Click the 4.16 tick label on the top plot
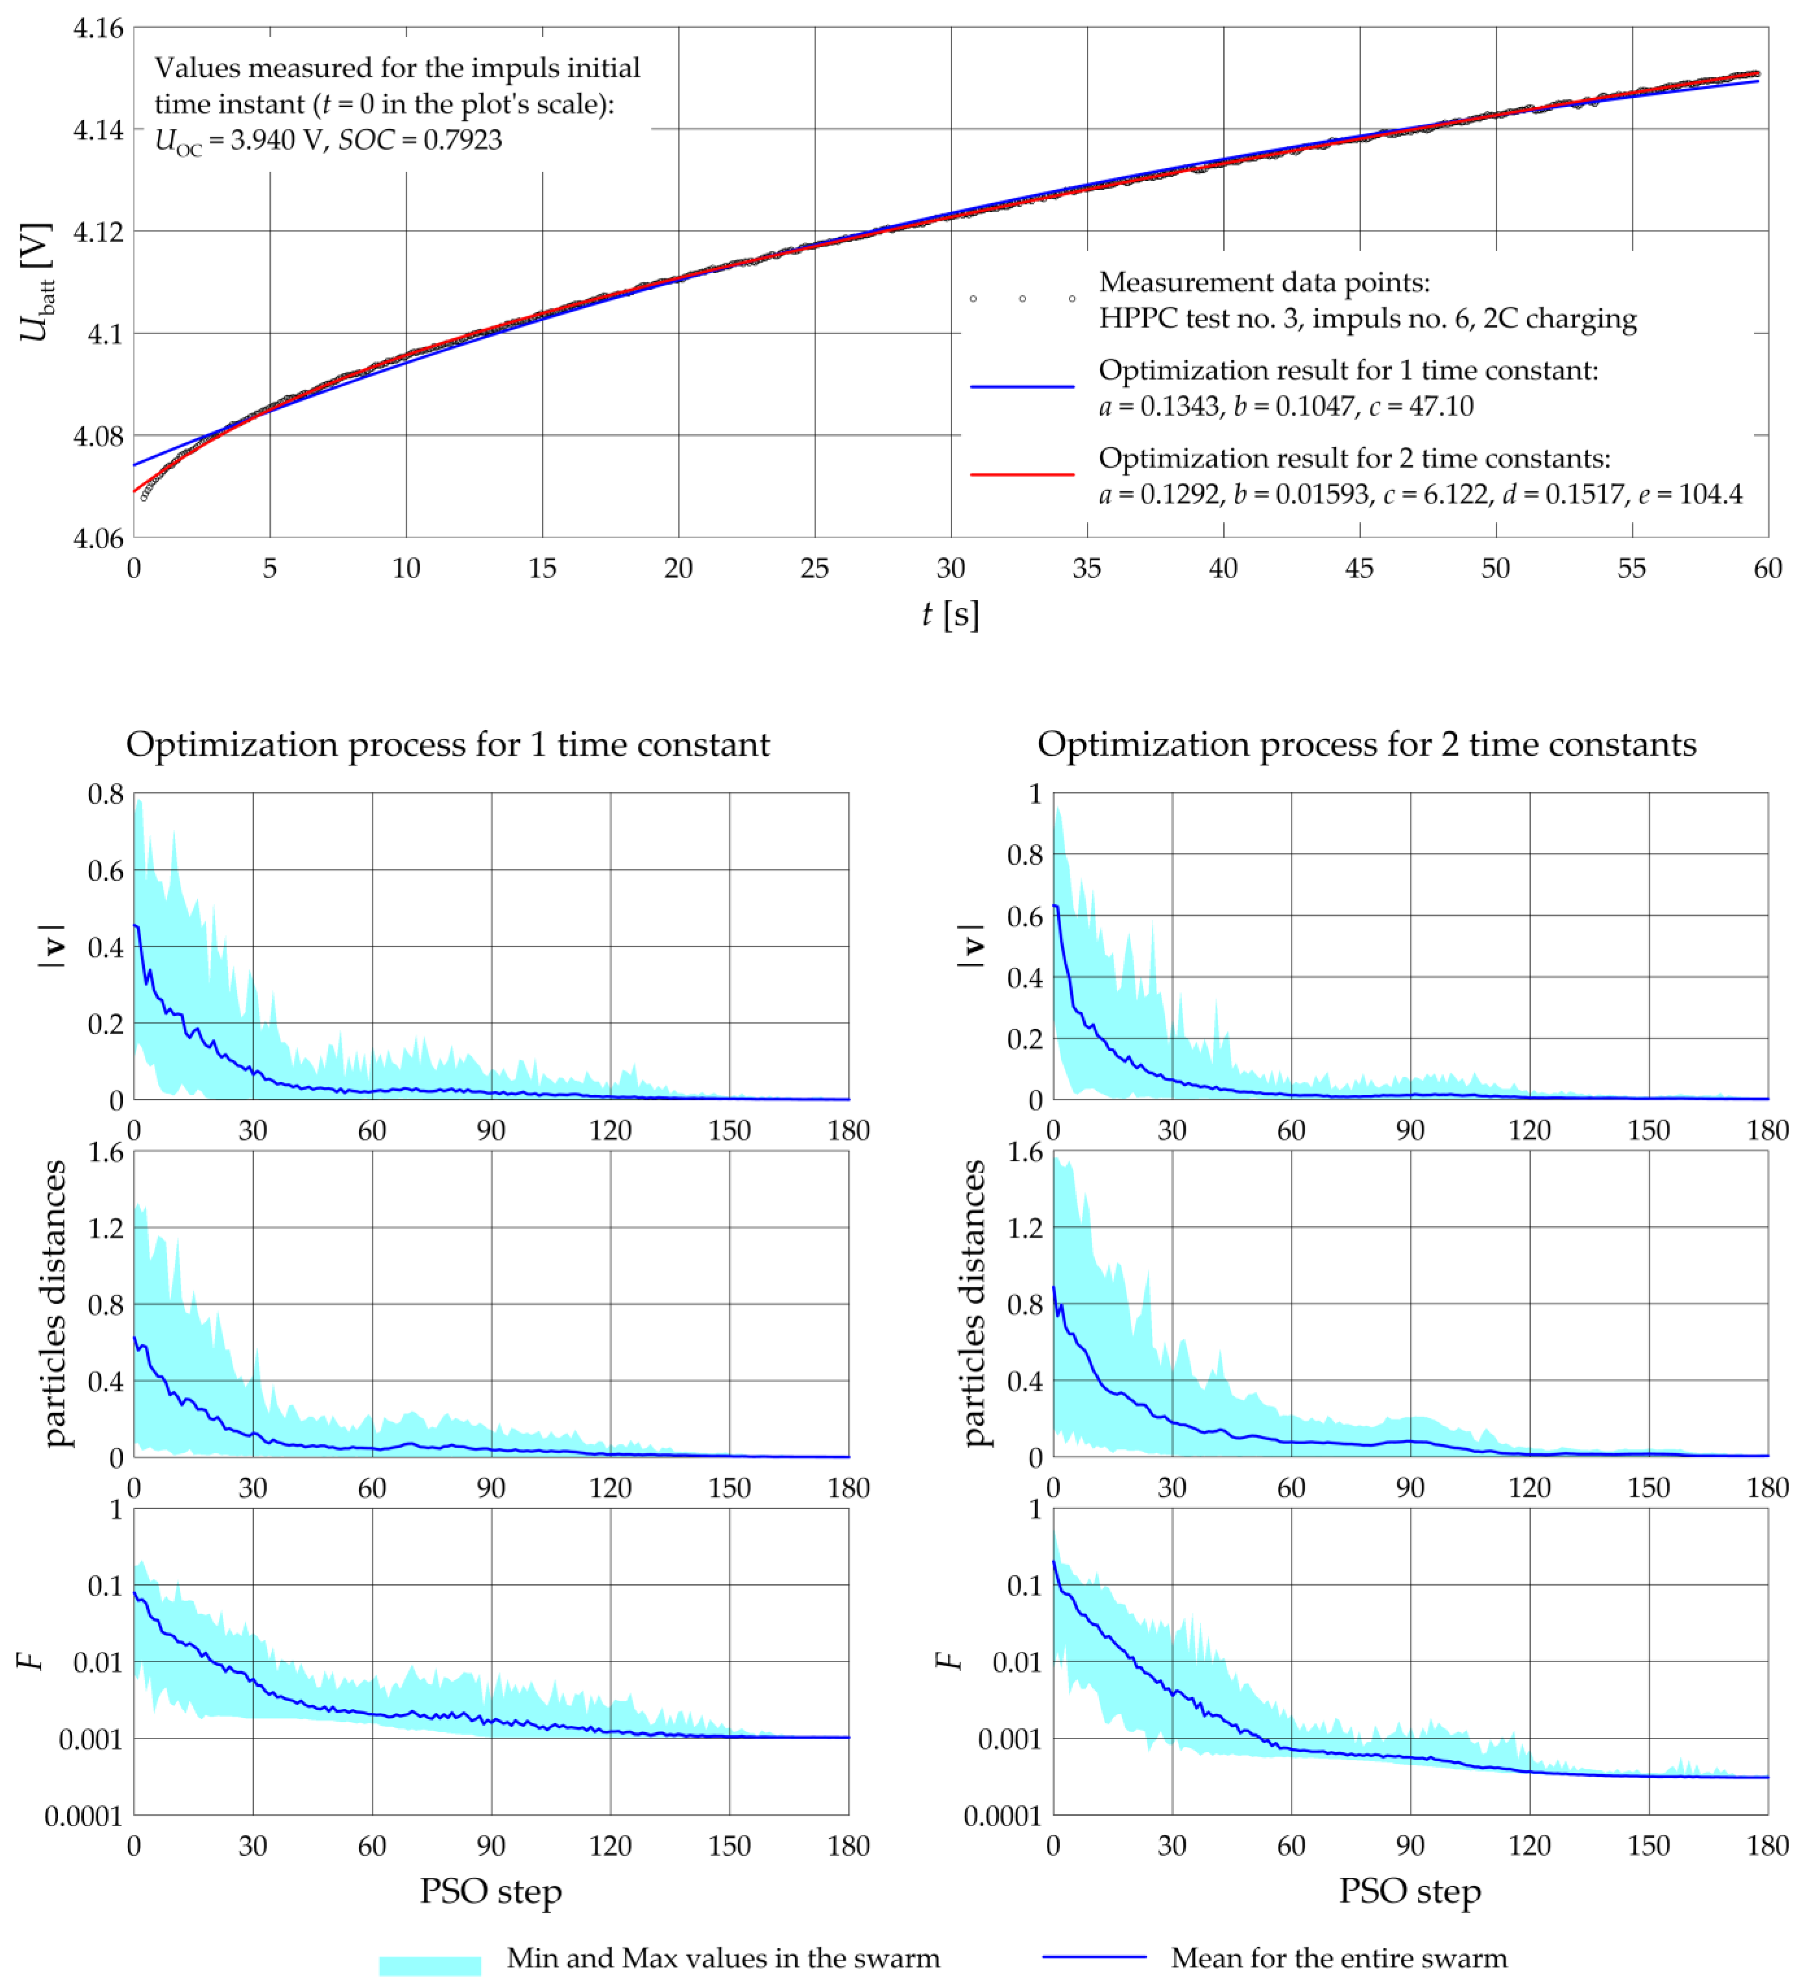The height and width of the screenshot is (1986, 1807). click(x=99, y=28)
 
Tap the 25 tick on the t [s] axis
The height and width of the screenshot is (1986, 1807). click(x=814, y=569)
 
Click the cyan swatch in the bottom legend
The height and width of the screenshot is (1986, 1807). click(x=429, y=1965)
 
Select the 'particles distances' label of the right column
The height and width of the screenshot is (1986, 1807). click(x=973, y=1303)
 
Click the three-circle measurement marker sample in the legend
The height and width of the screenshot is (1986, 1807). click(x=1022, y=298)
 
